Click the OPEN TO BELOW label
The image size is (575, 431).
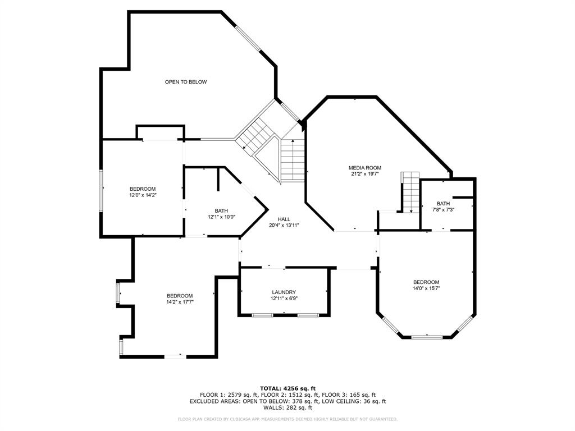coord(185,82)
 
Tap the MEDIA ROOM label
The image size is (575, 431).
coord(365,167)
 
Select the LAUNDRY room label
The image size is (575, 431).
coord(284,292)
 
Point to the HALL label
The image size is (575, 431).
coord(284,219)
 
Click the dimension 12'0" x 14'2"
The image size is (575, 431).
coord(143,195)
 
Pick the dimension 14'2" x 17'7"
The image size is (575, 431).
coord(179,302)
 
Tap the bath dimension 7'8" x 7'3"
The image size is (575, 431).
coord(443,209)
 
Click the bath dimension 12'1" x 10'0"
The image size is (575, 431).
coord(221,217)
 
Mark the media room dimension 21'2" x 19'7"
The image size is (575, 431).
coord(365,173)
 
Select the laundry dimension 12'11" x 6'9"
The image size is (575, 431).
coord(284,298)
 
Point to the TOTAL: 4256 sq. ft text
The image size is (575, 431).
coord(287,388)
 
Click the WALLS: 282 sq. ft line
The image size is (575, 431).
coord(287,407)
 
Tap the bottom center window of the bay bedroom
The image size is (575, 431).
coord(427,336)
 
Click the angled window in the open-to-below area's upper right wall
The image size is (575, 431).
coord(248,38)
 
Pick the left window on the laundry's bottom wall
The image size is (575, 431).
coord(262,315)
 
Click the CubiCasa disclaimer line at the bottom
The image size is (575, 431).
coord(287,419)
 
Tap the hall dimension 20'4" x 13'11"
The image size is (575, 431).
coord(284,225)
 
